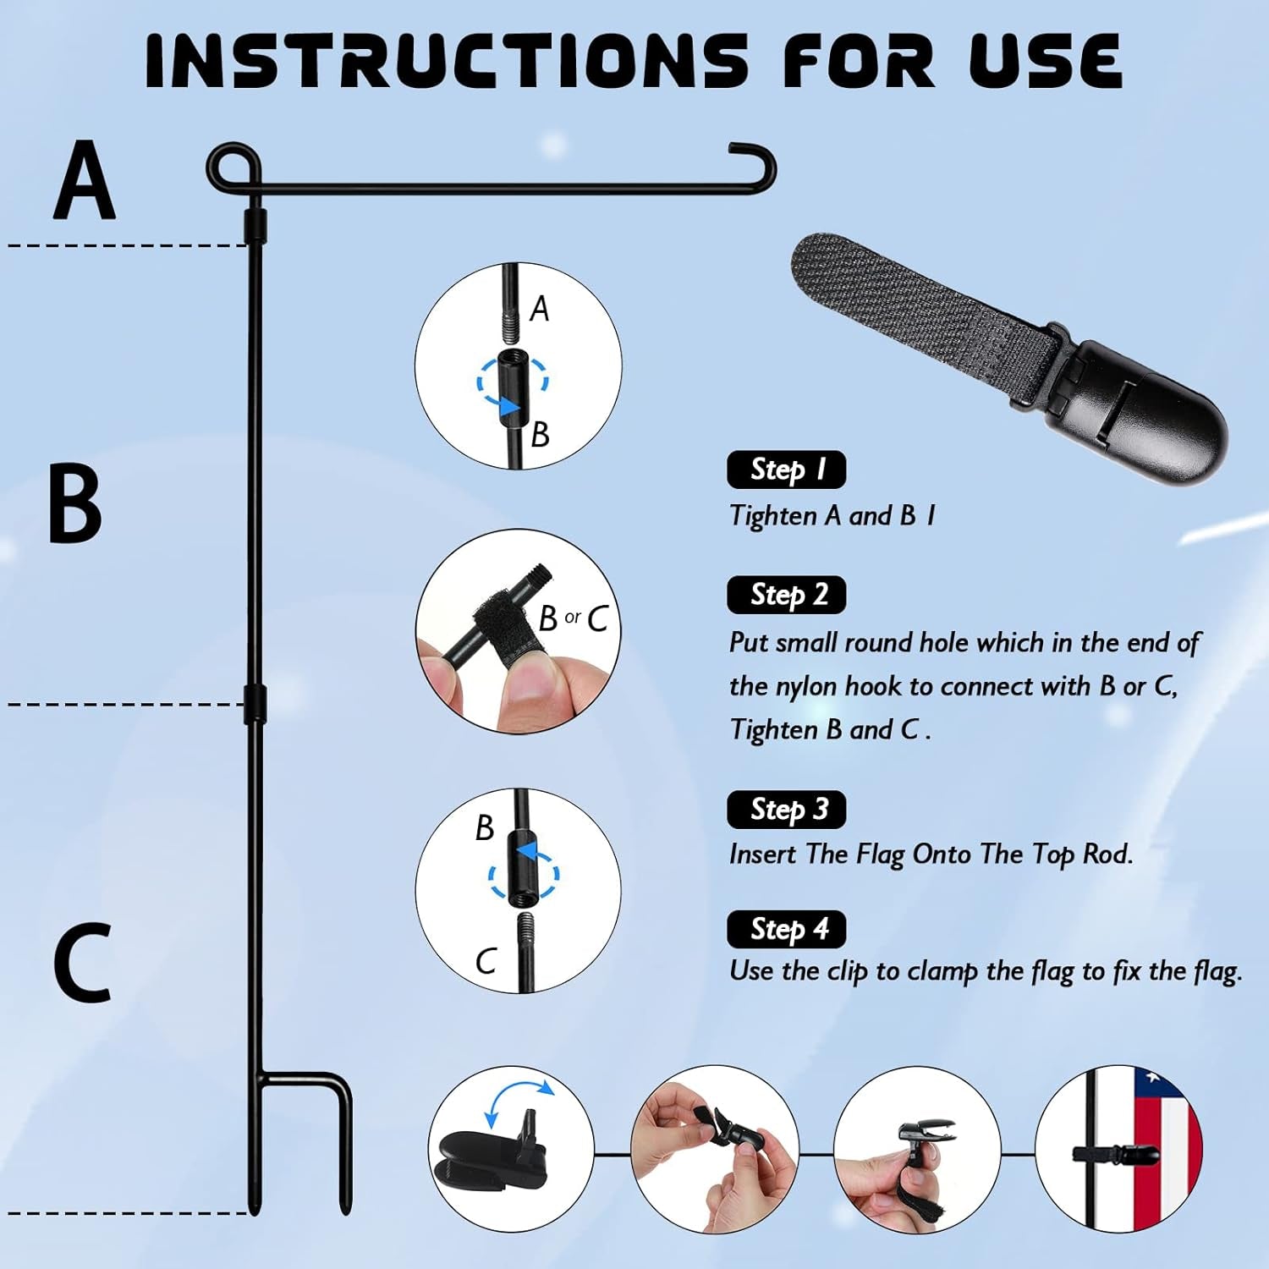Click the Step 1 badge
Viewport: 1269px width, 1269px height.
pos(786,470)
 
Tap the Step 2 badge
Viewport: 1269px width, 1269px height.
pos(786,595)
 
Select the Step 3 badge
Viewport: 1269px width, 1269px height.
pos(786,810)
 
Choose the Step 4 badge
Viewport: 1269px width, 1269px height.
pos(786,930)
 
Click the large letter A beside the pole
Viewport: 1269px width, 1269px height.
pos(84,180)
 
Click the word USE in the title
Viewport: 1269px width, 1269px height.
pos(1046,61)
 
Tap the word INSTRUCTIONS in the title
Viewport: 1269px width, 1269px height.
pos(447,61)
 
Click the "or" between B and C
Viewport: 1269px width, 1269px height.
pos(573,618)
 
